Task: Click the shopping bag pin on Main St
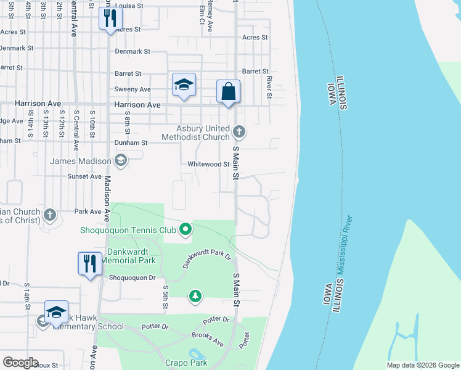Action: [x=228, y=92]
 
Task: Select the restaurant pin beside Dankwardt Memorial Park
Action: [x=89, y=263]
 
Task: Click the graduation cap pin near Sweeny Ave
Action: [x=183, y=85]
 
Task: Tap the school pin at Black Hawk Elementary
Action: [x=56, y=313]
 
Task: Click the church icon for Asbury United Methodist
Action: [x=240, y=131]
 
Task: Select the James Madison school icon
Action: [x=120, y=161]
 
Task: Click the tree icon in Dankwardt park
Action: [x=195, y=297]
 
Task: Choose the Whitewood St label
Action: [x=208, y=165]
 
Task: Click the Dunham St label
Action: [x=131, y=142]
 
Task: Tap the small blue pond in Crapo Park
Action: [x=196, y=354]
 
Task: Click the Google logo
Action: [x=20, y=363]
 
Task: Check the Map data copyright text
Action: [x=423, y=365]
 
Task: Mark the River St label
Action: [x=269, y=87]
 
